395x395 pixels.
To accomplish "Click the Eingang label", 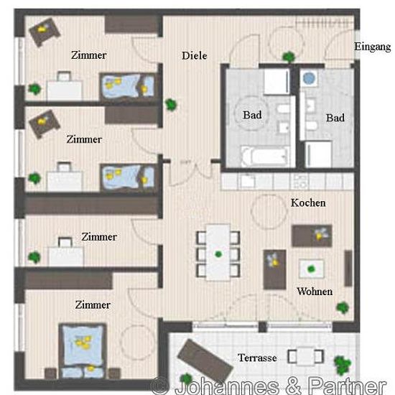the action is (372, 47).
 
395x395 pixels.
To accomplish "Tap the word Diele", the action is (194, 56).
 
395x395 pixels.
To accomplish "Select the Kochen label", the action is (308, 203).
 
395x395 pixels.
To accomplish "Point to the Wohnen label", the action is (315, 292).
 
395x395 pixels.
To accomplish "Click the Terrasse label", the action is (257, 358).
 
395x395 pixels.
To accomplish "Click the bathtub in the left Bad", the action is (265, 157).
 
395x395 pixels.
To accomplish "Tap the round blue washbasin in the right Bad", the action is (309, 78).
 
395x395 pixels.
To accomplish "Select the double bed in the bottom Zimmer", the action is (83, 350).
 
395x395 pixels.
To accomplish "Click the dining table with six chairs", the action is (218, 253).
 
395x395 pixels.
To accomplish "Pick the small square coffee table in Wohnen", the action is (312, 269).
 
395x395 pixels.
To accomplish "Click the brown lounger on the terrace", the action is (205, 358).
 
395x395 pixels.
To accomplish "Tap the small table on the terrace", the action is (305, 356).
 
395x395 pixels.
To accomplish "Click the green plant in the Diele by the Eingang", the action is (289, 57).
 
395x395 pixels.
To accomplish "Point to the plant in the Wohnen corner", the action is (343, 307).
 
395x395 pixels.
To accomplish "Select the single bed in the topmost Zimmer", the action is (128, 85).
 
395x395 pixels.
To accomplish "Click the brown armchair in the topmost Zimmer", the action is (45, 32).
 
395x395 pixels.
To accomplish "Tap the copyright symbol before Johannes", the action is (159, 386).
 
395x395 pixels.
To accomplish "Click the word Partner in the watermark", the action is (347, 386).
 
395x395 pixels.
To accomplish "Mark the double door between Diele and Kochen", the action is (191, 173).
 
